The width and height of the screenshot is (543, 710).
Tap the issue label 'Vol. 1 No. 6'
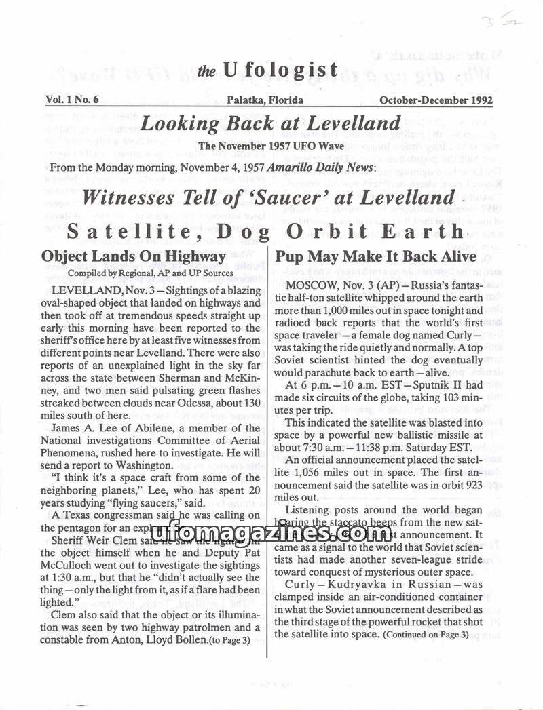click(73, 100)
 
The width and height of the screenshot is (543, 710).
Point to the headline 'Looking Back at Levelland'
click(269, 123)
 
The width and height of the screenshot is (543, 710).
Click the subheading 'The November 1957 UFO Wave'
click(269, 145)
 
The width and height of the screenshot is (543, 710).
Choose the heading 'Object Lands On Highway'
click(133, 257)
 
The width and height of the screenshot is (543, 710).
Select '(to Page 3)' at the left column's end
click(228, 639)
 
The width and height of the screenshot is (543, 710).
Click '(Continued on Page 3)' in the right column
click(426, 635)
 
